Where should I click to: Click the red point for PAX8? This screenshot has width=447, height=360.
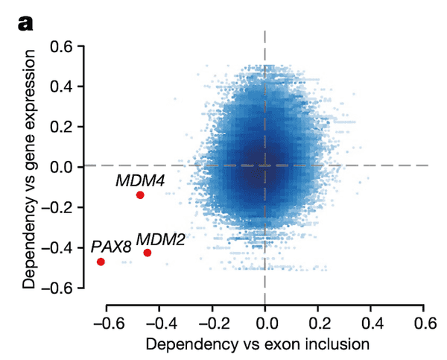tap(101, 262)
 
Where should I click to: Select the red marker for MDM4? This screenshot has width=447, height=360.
tap(140, 195)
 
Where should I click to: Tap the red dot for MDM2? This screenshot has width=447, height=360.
tap(148, 253)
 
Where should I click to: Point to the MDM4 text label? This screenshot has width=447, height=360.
tap(139, 180)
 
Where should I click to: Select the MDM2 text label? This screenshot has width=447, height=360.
tap(161, 239)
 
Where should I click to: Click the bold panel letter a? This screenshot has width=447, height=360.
tap(25, 24)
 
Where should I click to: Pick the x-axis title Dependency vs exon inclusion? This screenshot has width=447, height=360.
tap(258, 344)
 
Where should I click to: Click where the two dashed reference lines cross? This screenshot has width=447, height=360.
tap(265, 165)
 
